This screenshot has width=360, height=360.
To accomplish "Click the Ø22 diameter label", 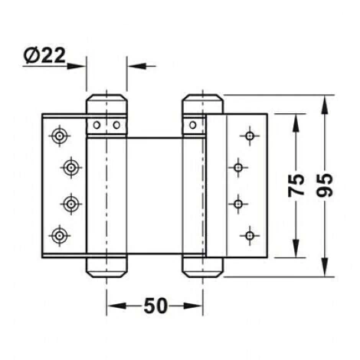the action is click(x=44, y=55).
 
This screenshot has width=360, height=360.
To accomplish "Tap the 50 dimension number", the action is click(x=155, y=306).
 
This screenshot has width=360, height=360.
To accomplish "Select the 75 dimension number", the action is click(x=296, y=185).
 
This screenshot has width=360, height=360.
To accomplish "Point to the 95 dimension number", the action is click(x=325, y=185).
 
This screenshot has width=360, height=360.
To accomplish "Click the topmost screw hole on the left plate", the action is click(x=60, y=136).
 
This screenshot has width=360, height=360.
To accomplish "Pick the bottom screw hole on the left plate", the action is click(x=60, y=235).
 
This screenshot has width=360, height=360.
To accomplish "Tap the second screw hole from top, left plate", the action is click(x=71, y=168).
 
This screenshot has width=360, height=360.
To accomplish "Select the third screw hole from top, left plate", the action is click(x=71, y=204).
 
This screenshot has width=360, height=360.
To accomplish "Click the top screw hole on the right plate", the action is click(x=250, y=136).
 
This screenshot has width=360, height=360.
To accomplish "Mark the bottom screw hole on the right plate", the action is click(x=250, y=235).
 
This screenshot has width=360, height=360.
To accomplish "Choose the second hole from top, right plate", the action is click(x=238, y=168).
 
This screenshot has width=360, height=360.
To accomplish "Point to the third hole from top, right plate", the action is click(x=238, y=204).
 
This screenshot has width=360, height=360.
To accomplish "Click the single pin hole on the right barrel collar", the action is click(x=193, y=125).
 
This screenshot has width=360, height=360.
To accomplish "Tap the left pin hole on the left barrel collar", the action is click(x=97, y=125).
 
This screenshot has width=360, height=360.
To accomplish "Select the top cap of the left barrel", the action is click(x=106, y=104).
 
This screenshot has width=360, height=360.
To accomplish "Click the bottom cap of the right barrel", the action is click(x=202, y=267).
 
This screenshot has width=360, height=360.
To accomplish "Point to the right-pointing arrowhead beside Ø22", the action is click(x=76, y=66).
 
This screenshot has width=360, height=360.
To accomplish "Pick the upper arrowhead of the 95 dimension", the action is click(x=325, y=104).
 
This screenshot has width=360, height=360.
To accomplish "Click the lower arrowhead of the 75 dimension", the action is click(x=296, y=248).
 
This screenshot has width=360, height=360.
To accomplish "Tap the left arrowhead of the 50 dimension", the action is click(x=117, y=306).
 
